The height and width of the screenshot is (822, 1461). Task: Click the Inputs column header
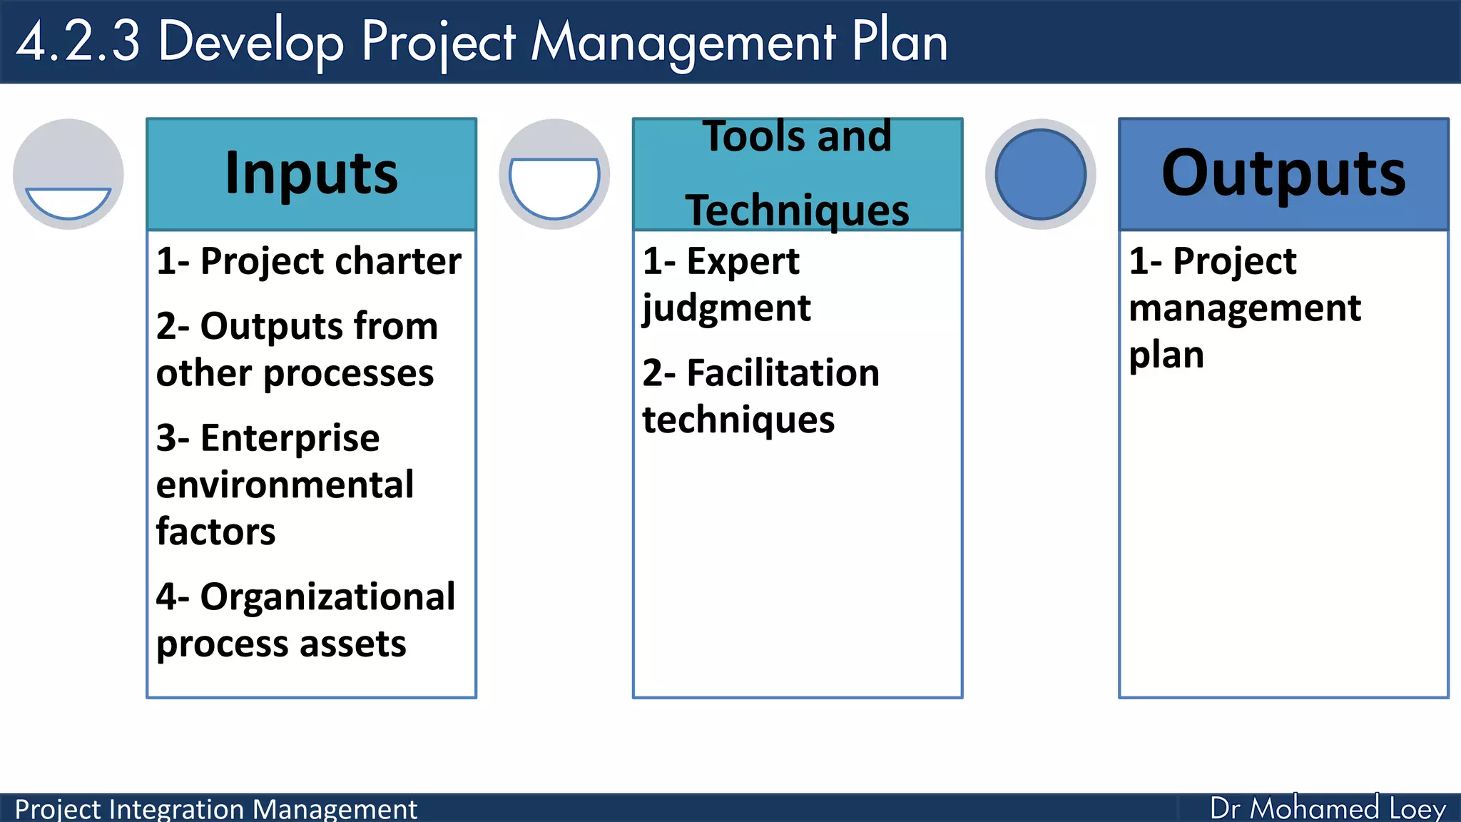(x=311, y=174)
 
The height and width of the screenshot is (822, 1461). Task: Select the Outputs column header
(x=1283, y=174)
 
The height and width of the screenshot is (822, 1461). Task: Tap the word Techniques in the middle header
(x=797, y=210)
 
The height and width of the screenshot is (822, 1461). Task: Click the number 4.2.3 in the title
(x=78, y=41)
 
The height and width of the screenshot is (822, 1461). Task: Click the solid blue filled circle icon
(x=1040, y=174)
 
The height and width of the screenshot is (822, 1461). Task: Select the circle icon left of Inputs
(x=68, y=174)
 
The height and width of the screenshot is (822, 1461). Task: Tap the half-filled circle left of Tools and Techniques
(x=554, y=174)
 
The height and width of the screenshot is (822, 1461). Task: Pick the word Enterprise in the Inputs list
(x=290, y=438)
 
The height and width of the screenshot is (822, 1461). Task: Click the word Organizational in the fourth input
(x=327, y=597)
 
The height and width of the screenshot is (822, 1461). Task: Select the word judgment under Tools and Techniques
(x=726, y=308)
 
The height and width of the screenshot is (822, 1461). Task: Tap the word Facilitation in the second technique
(x=783, y=373)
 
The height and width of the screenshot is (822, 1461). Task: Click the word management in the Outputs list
(x=1245, y=308)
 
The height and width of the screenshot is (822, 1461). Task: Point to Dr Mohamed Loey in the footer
(x=1327, y=808)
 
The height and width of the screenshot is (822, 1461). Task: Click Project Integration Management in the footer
(x=215, y=809)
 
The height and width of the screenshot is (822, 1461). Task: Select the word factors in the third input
(x=215, y=532)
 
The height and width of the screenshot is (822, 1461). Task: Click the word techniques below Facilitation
(x=738, y=420)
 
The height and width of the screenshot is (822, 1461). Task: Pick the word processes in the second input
(x=348, y=374)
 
